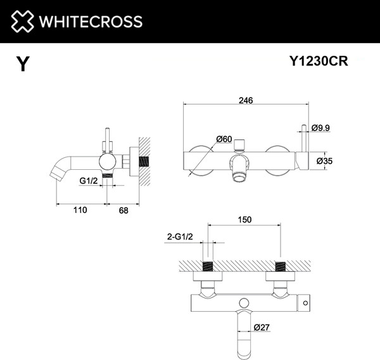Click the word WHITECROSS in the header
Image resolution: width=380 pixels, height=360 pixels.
pyautogui.click(x=91, y=22)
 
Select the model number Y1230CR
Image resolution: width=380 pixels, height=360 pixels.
pyautogui.click(x=319, y=61)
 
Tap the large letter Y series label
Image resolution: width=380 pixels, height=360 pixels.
pyautogui.click(x=23, y=63)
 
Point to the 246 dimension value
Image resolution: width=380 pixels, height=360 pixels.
pyautogui.click(x=246, y=100)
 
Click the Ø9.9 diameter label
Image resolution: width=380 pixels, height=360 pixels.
pyautogui.click(x=321, y=128)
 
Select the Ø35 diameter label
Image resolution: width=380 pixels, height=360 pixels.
pyautogui.click(x=324, y=162)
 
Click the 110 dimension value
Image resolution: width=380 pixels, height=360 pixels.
pyautogui.click(x=79, y=210)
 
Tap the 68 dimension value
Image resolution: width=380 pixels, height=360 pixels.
pyautogui.click(x=123, y=210)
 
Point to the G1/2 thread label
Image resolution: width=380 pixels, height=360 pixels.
pyautogui.click(x=89, y=181)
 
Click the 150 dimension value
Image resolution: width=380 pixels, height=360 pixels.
pyautogui.click(x=244, y=220)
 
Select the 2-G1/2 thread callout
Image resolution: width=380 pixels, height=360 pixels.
pyautogui.click(x=179, y=237)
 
